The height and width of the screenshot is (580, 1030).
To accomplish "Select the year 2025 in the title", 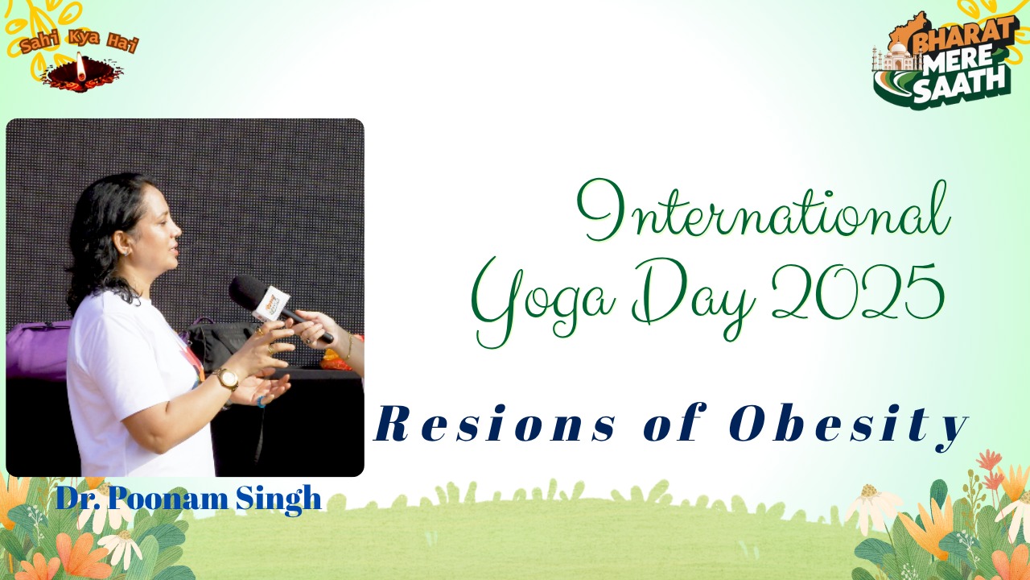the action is click(858, 292).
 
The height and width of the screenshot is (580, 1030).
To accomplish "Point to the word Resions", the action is click(495, 424).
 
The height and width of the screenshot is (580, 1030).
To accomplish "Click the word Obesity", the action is click(849, 426).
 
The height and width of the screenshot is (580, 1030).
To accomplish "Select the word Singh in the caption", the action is click(278, 499).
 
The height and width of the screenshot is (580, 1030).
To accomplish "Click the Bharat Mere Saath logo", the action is click(942, 60).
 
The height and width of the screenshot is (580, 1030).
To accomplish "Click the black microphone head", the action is click(247, 291).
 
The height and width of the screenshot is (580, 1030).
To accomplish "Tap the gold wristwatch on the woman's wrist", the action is click(227, 379).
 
